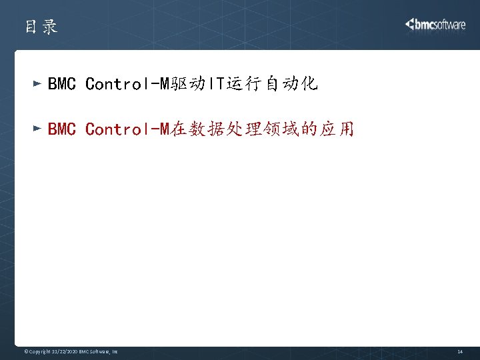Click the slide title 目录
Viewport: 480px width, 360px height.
[x=41, y=27]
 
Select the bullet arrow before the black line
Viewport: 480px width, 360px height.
[x=37, y=84]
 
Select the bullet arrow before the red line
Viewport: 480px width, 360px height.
[x=37, y=128]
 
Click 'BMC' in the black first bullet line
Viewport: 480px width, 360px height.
[x=62, y=84]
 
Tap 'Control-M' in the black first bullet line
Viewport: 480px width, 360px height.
[x=127, y=84]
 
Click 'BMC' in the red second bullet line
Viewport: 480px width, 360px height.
[x=62, y=129]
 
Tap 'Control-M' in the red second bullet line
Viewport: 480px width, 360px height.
[x=127, y=129]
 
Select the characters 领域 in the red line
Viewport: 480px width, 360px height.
[x=285, y=129]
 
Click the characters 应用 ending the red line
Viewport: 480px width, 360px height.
[x=337, y=129]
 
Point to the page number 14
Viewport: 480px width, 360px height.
[x=459, y=351]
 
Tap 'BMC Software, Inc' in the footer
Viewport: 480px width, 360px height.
[x=99, y=351]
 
